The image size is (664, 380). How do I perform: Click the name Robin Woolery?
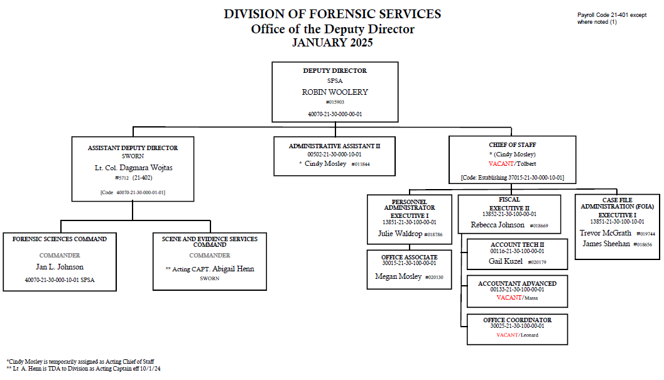[335, 92]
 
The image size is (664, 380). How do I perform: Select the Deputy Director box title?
[335, 71]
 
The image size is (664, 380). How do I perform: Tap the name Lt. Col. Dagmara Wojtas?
[133, 168]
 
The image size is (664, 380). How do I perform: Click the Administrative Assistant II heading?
[334, 146]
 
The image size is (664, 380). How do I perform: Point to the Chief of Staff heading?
[512, 145]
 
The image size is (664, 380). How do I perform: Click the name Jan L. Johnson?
[60, 267]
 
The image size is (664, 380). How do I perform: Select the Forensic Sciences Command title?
[60, 239]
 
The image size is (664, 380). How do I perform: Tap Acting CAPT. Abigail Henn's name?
[210, 269]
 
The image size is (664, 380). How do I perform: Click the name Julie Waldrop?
[400, 234]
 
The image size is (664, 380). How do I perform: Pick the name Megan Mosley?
[398, 276]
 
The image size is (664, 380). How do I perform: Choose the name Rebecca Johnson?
[498, 225]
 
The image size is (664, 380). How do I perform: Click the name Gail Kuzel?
[506, 261]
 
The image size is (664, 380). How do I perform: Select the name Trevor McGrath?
[605, 233]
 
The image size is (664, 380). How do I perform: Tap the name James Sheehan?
[606, 244]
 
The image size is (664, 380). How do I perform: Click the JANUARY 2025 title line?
[332, 43]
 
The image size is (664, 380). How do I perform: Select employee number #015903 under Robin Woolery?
[335, 102]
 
